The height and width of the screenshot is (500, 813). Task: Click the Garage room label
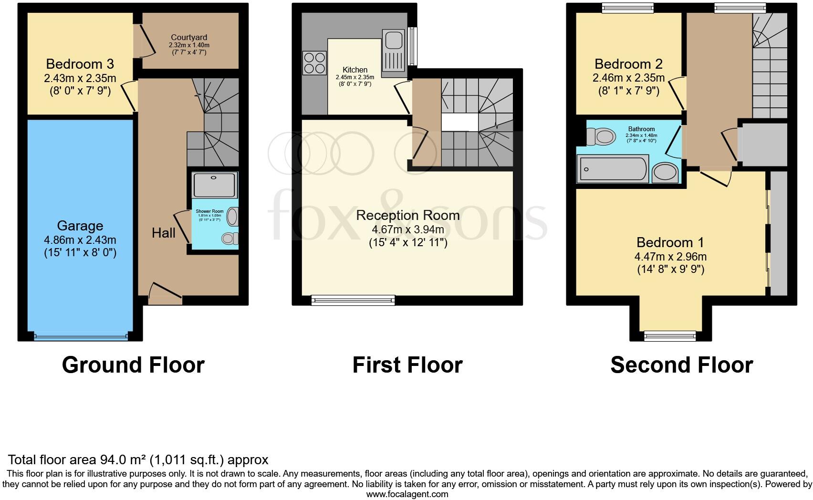tap(80, 226)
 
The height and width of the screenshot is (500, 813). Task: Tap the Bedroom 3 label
tap(80, 64)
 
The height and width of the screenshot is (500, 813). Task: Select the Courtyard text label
tap(189, 37)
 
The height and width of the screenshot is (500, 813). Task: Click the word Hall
tap(163, 233)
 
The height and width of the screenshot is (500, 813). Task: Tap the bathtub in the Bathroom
tap(613, 169)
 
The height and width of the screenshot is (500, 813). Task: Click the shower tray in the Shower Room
tap(215, 185)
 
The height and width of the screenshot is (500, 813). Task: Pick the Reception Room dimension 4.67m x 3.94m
tap(407, 229)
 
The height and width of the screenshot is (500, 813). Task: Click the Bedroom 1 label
tap(670, 242)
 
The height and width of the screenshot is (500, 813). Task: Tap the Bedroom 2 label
tap(628, 64)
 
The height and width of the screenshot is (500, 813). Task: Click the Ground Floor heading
tap(133, 365)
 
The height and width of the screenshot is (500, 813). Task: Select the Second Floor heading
tap(681, 365)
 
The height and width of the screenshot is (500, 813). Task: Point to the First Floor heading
tap(407, 365)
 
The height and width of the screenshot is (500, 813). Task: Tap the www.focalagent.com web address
tap(407, 494)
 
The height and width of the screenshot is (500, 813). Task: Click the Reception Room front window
tap(353, 300)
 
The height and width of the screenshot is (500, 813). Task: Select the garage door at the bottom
tap(81, 336)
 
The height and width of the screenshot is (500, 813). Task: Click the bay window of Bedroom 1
tap(670, 336)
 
